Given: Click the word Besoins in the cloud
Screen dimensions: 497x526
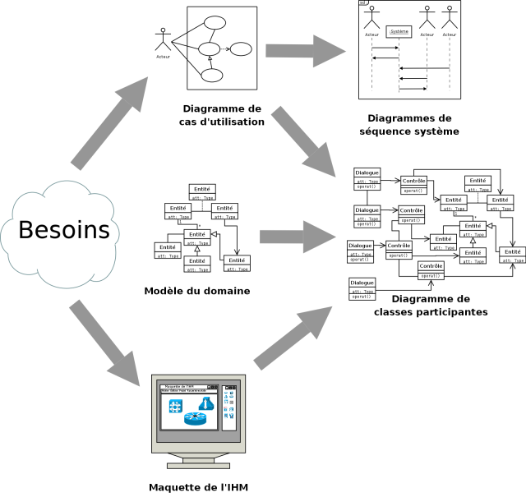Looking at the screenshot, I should tap(64, 229).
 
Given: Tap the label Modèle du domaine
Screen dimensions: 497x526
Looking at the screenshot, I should tap(197, 291).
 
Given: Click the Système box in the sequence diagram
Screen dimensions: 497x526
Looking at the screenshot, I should tap(399, 31).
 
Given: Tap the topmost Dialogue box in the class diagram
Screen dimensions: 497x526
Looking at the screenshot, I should tap(367, 178).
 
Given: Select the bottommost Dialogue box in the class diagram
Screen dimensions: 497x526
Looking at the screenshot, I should tap(362, 289).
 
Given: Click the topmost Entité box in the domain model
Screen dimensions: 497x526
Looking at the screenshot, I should tap(201, 192).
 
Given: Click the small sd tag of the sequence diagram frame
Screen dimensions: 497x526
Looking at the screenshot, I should tap(362, 3).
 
